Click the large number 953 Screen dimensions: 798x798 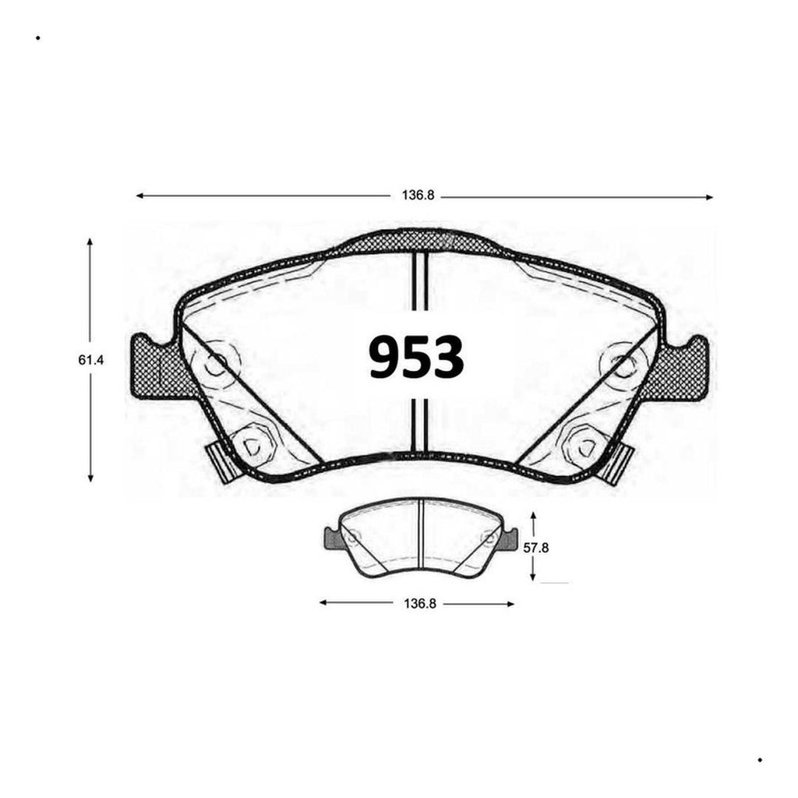click(416, 357)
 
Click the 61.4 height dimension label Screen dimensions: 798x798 click(90, 360)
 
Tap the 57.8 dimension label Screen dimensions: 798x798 click(536, 548)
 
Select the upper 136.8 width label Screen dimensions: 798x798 click(418, 196)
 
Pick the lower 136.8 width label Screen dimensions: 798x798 click(420, 604)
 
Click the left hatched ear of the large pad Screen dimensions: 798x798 click(155, 365)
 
